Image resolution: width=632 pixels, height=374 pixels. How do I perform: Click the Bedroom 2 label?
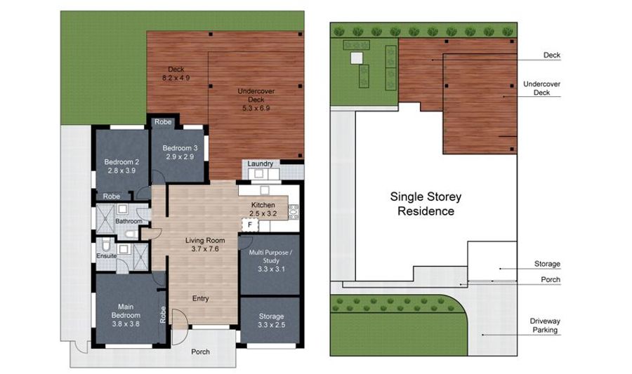point(121,162)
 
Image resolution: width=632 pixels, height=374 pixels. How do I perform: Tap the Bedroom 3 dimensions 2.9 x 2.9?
point(180,156)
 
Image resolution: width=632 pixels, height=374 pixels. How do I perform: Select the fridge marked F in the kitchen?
point(250,225)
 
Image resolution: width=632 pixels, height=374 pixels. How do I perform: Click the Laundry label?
point(260,163)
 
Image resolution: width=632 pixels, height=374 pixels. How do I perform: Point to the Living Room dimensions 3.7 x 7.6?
point(205,249)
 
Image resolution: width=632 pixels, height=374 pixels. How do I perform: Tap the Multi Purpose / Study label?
point(270,256)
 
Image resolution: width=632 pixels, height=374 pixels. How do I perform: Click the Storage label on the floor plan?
point(271,316)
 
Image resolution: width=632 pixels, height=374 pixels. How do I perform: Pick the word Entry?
point(200,298)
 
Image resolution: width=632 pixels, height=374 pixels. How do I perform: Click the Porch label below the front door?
point(200,352)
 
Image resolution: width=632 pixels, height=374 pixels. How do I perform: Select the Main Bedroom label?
point(126,311)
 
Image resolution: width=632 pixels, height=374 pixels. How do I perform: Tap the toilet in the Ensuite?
point(106,244)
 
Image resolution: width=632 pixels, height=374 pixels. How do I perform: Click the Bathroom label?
point(129,221)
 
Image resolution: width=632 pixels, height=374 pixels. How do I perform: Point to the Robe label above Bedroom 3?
point(163,121)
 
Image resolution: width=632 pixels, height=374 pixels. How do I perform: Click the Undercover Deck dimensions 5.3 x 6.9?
point(256,108)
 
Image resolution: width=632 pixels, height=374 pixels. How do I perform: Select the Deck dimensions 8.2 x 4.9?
point(176,78)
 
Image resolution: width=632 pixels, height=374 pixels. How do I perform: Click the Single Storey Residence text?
point(426,203)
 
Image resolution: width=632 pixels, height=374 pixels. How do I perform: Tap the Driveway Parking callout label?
point(545,326)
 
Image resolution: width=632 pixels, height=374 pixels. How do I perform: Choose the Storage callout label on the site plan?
point(547,264)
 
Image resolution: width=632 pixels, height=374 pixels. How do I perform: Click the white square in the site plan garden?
point(356,58)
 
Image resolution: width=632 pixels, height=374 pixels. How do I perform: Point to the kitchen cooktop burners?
point(294,212)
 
